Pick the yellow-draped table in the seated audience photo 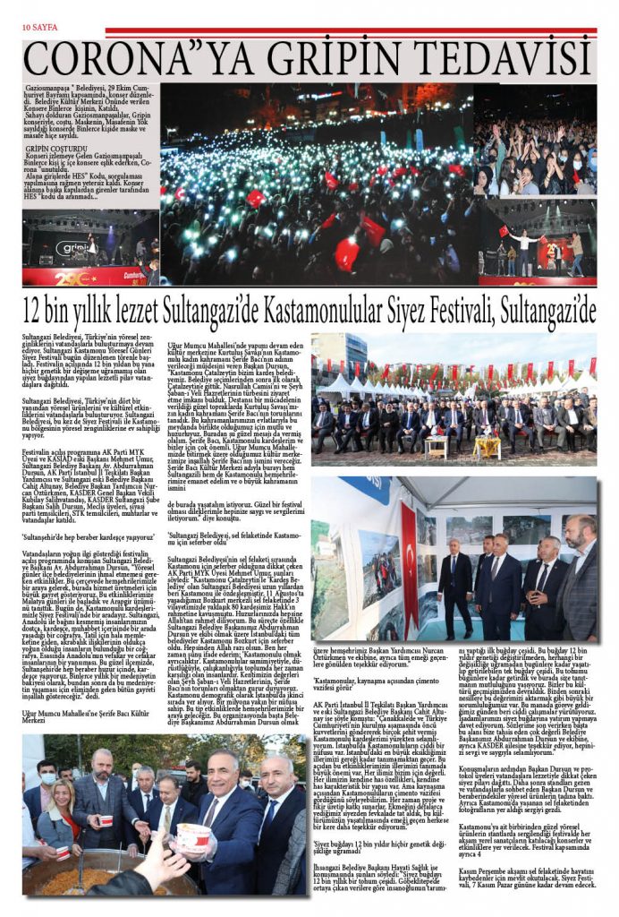pyautogui.click(x=486, y=445)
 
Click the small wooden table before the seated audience pyautogui.click(x=434, y=445)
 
